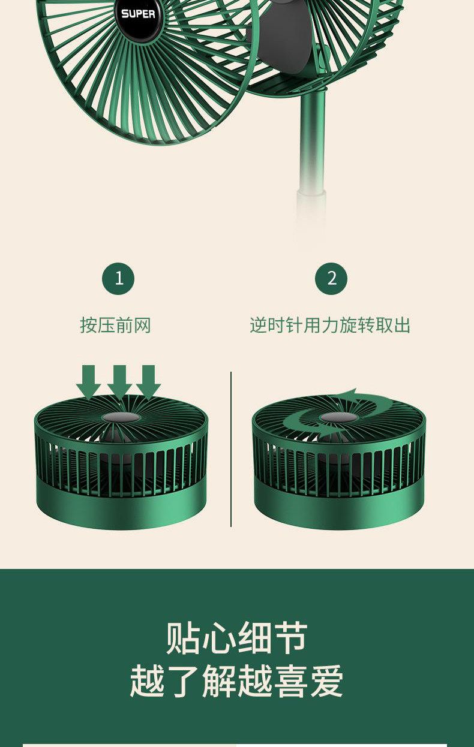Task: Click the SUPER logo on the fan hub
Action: [138, 14]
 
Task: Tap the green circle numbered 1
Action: [119, 278]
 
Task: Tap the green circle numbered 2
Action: [331, 278]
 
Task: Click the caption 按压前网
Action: [115, 325]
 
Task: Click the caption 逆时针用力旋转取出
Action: [330, 325]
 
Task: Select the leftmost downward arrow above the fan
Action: [88, 382]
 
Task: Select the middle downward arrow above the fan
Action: [119, 382]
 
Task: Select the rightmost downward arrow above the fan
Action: [149, 382]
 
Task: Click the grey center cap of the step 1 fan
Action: [121, 417]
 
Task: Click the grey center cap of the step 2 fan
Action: [338, 417]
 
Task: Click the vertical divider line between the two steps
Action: [231, 449]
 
